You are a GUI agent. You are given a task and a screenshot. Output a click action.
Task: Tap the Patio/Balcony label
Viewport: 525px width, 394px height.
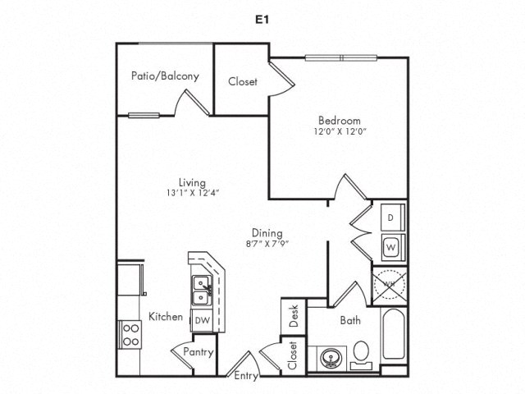(165, 76)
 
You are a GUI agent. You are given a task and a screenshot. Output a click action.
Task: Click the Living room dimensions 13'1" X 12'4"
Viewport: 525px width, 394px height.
(193, 193)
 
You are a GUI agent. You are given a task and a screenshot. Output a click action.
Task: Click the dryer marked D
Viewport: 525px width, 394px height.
(391, 217)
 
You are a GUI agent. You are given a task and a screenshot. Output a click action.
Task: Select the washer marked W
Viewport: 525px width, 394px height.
(391, 245)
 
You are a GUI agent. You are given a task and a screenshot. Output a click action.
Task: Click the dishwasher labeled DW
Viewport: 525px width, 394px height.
(201, 320)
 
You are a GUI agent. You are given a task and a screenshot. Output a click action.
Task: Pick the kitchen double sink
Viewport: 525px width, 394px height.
(200, 289)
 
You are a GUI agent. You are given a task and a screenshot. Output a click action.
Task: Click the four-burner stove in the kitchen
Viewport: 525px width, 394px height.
(130, 332)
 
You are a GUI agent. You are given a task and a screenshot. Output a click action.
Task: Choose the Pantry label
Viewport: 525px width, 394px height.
(199, 352)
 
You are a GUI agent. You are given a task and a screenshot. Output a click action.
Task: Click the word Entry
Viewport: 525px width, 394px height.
(246, 377)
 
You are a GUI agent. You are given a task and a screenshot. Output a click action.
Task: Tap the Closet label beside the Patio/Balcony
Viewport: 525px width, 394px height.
(243, 82)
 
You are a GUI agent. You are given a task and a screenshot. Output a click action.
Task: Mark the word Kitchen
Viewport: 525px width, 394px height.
(165, 317)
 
